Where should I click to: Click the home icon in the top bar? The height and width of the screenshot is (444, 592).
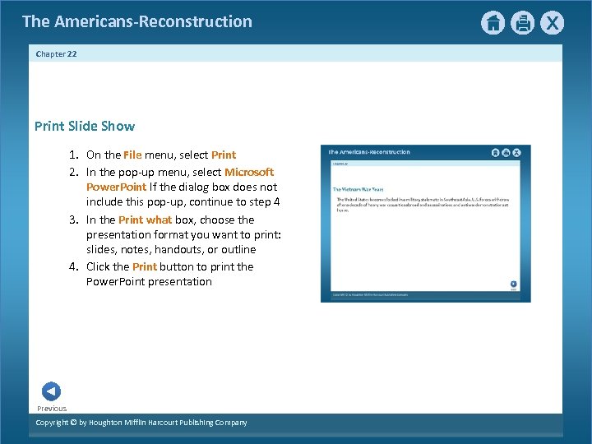click(x=493, y=23)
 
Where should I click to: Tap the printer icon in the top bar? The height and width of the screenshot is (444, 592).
click(x=523, y=23)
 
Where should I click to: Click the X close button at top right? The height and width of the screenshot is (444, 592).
click(x=553, y=23)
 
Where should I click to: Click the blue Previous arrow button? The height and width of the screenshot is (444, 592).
click(x=51, y=391)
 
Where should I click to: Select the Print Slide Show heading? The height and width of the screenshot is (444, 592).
click(x=85, y=126)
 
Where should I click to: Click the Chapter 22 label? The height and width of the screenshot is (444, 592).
click(x=57, y=53)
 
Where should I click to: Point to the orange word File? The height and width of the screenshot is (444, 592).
click(x=133, y=155)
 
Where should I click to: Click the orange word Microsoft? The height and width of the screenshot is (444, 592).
click(x=249, y=172)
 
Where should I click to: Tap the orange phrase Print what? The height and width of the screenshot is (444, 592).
click(x=146, y=220)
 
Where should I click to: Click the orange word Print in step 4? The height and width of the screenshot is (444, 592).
click(x=145, y=266)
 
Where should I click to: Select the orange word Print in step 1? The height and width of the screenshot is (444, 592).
click(x=224, y=155)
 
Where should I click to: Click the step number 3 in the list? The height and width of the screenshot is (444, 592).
click(x=73, y=220)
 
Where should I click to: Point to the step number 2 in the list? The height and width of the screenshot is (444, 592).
click(x=73, y=172)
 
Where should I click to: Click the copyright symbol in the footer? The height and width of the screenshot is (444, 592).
click(x=72, y=423)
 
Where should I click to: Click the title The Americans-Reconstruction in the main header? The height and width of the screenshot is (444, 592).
click(x=137, y=21)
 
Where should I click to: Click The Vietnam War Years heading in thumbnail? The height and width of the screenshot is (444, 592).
click(x=358, y=189)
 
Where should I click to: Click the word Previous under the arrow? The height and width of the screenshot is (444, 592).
click(x=52, y=409)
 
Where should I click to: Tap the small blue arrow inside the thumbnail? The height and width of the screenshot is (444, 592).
click(x=514, y=283)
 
